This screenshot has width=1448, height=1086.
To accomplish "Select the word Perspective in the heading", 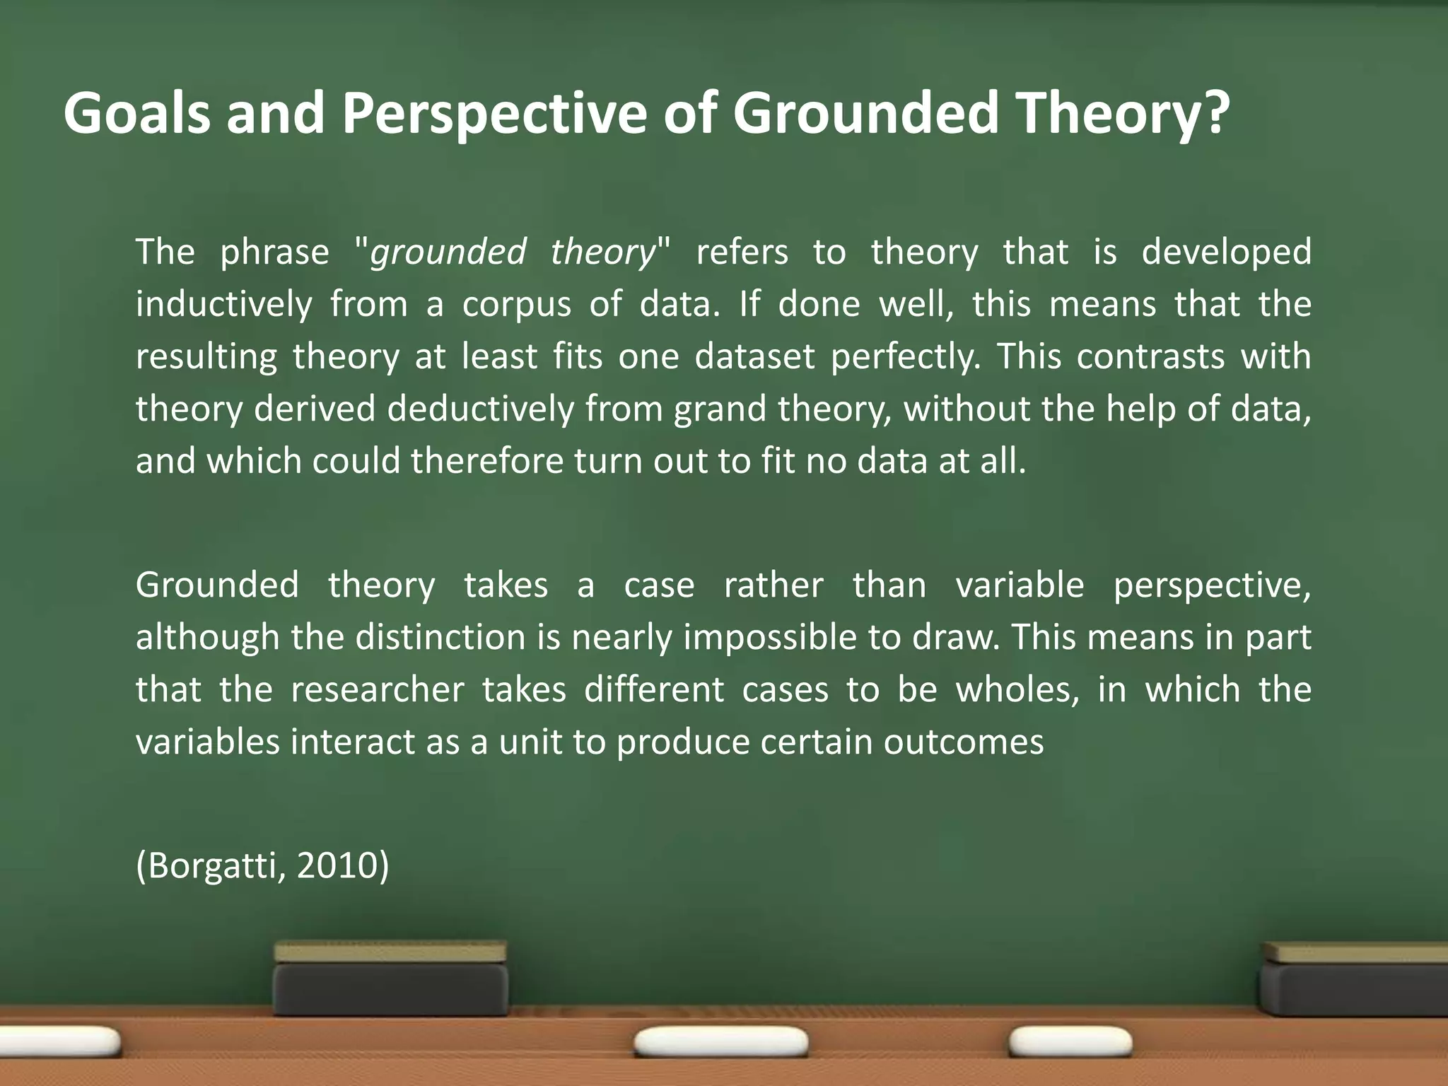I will tap(494, 115).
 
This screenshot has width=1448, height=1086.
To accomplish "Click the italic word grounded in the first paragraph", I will tap(448, 252).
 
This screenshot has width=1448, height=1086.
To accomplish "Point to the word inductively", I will tap(223, 305).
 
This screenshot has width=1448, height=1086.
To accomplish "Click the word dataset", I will tap(754, 356).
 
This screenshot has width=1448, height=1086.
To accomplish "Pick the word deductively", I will tap(480, 409).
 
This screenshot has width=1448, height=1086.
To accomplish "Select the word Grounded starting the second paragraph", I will tap(217, 585).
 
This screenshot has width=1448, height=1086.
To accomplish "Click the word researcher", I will tap(378, 690).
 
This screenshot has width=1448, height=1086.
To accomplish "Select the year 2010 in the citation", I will tap(337, 867).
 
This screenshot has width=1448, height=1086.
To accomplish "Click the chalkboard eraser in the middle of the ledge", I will tap(391, 979).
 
